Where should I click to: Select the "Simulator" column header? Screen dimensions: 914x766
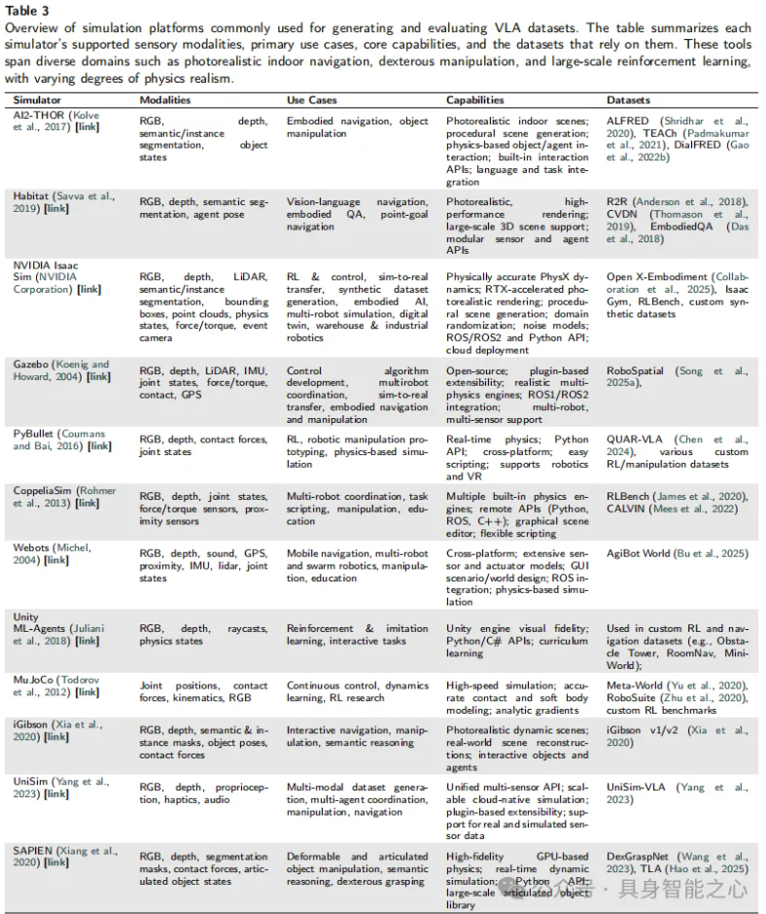[38, 100]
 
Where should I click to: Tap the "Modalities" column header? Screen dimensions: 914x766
[164, 100]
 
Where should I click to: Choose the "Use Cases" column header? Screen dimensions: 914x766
[311, 100]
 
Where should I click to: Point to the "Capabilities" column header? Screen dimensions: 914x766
[475, 100]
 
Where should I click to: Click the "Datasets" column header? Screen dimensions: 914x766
[630, 100]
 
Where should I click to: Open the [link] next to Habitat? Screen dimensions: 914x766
[56, 208]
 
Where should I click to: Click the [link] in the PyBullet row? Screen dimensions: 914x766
[99, 446]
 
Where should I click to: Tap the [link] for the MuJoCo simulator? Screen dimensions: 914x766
[87, 692]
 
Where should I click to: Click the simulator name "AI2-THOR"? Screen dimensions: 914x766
[40, 115]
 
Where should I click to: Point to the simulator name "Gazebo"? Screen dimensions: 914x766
[33, 365]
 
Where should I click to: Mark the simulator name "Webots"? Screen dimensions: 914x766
[33, 547]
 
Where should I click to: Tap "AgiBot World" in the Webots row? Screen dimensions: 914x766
[640, 553]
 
